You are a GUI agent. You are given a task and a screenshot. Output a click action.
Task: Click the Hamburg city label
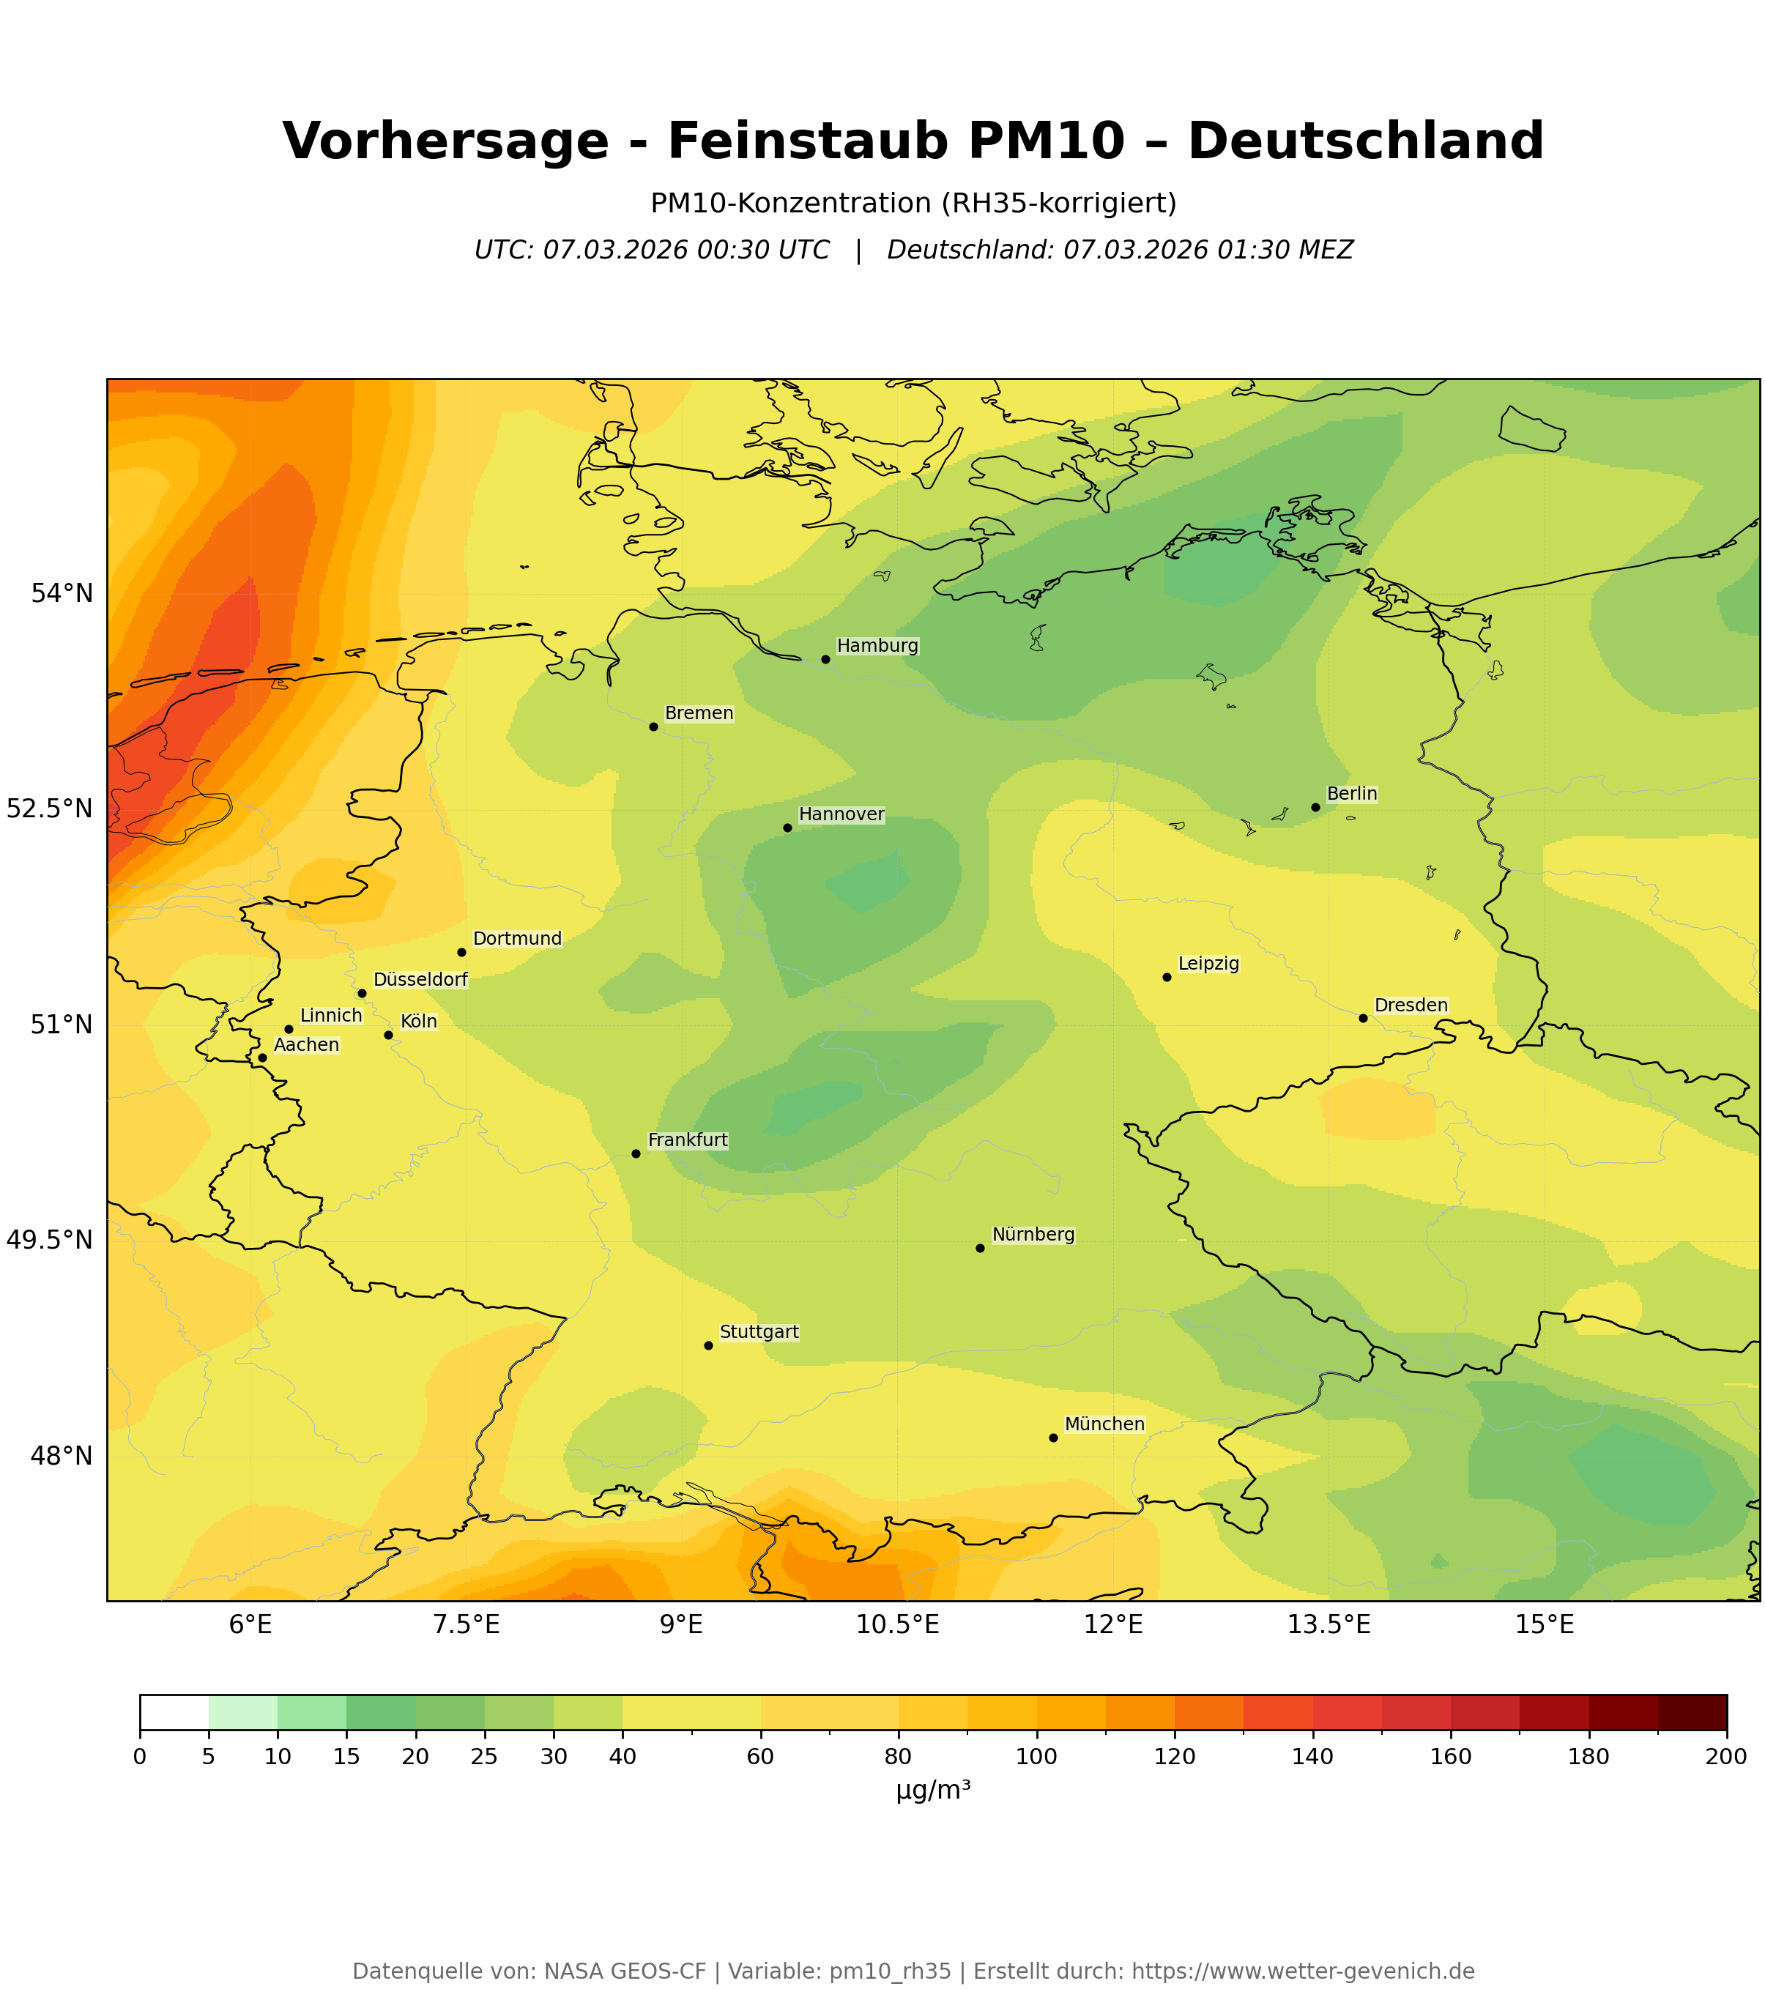click(877, 646)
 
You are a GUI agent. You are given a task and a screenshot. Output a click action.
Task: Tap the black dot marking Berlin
click(1315, 807)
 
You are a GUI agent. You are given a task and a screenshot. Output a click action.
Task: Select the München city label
click(1104, 1424)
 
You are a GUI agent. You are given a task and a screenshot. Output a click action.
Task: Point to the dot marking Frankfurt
click(636, 1154)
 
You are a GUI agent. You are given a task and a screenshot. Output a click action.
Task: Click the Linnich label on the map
click(331, 1016)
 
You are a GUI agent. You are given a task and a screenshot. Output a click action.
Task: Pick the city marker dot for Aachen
click(261, 1057)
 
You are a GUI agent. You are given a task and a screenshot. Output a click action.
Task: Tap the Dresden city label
click(1411, 1005)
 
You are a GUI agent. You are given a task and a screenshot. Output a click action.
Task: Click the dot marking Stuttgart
click(708, 1346)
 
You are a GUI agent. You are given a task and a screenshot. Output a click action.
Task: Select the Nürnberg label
click(1033, 1235)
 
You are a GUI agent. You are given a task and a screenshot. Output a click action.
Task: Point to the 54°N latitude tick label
click(62, 594)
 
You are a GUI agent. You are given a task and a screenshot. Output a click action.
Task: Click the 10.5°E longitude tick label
click(897, 1625)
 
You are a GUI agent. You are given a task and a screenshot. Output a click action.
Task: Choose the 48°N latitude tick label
click(62, 1457)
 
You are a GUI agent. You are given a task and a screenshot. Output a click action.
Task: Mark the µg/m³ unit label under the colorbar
click(933, 1791)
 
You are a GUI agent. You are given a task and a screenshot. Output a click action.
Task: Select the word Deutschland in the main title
click(1365, 141)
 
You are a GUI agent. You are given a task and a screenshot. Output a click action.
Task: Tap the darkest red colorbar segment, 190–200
click(1692, 1714)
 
